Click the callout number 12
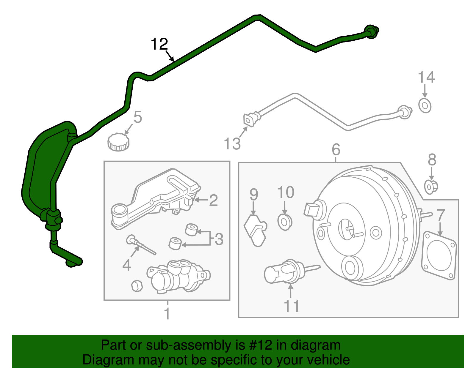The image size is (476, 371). point(159,44)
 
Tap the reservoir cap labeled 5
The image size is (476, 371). point(118,142)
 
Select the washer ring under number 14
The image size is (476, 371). point(425,105)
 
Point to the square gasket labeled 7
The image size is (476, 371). point(439,256)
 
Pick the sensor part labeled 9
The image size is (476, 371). point(255,231)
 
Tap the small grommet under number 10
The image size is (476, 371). point(285,222)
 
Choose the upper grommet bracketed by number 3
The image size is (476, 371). point(191,230)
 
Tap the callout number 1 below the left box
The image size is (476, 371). point(167,314)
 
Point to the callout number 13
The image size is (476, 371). point(232,144)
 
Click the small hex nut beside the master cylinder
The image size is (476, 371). point(137,286)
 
